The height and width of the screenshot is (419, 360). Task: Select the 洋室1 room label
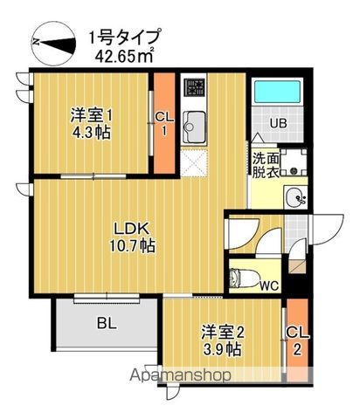point(90,114)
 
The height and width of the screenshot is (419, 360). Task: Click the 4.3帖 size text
point(90,134)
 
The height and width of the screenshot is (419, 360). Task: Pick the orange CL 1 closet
point(163,125)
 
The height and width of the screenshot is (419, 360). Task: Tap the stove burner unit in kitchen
point(194,89)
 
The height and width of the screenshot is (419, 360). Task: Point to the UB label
point(279,123)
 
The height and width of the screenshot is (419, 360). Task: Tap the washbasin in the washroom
point(297,196)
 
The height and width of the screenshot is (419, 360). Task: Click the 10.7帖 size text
point(133,247)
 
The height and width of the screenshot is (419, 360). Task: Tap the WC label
point(269,284)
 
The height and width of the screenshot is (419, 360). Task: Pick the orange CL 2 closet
point(298,340)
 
